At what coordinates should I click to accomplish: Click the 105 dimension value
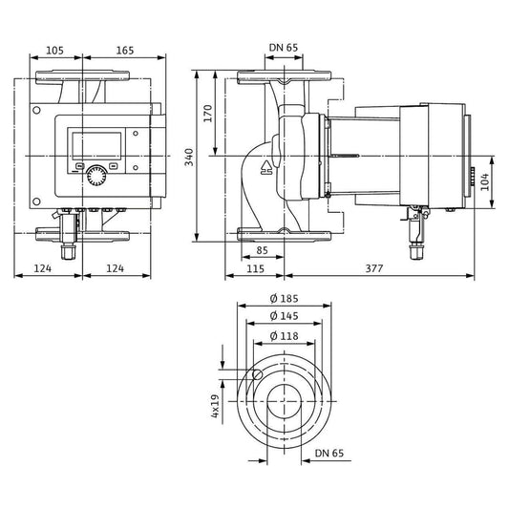(54, 51)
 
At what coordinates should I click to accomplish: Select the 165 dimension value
(125, 51)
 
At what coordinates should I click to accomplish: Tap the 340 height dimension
(189, 158)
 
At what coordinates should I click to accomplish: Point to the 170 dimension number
(208, 114)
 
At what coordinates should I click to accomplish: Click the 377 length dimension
(374, 268)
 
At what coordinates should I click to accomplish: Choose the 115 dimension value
(256, 268)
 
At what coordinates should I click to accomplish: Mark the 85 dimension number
(262, 250)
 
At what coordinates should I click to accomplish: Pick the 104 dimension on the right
(485, 181)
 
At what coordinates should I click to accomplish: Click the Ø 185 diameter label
(284, 298)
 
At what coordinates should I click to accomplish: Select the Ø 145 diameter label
(284, 316)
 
